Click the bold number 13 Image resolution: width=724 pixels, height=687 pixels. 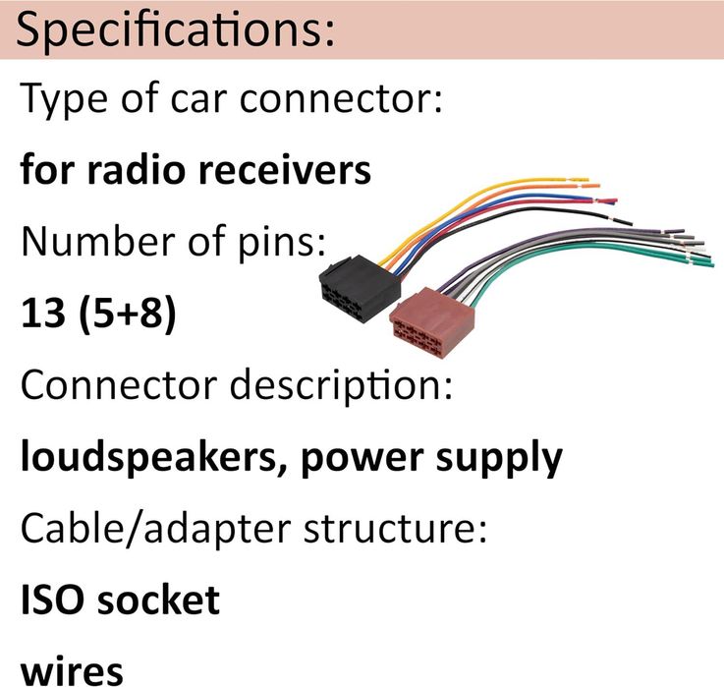pos(40,315)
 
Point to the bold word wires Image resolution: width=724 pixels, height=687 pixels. pos(71,671)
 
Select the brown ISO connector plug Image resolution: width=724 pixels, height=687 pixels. pos(432,317)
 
